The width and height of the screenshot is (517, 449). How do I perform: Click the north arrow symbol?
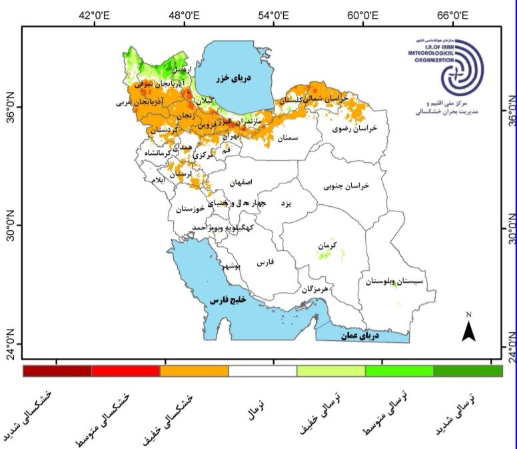[x=468, y=328]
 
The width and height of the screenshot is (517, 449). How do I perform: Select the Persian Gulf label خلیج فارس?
[x=229, y=300]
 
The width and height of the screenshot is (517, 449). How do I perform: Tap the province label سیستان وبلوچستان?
[x=399, y=282]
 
